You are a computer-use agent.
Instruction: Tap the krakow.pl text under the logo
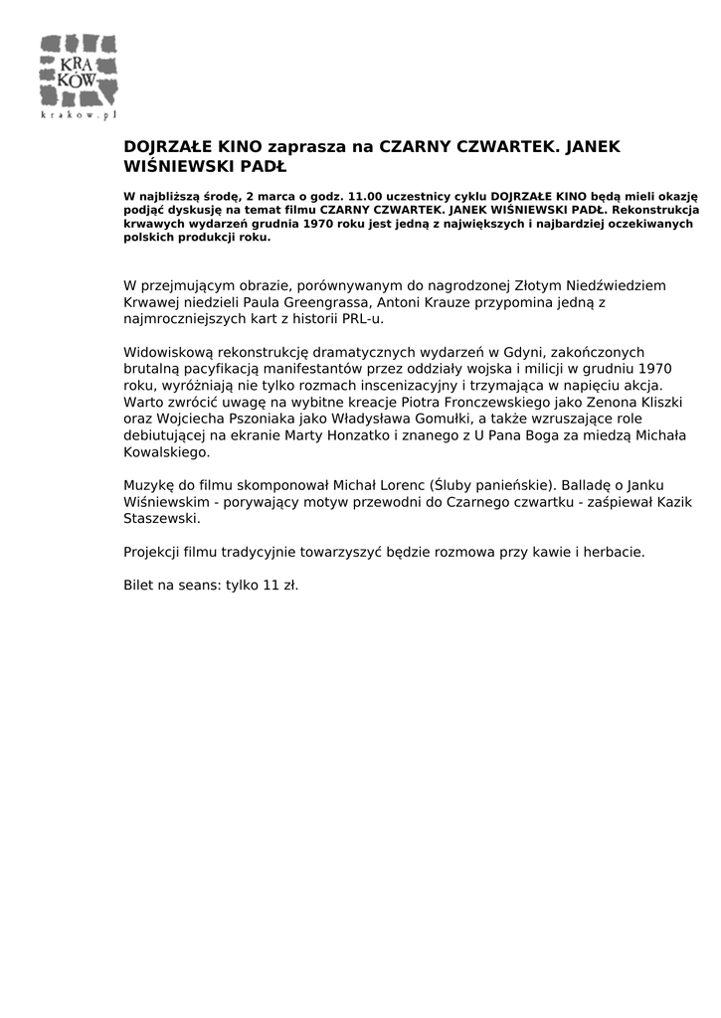[79, 115]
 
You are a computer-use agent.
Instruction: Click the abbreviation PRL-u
[361, 319]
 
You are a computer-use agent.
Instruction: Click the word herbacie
[615, 551]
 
